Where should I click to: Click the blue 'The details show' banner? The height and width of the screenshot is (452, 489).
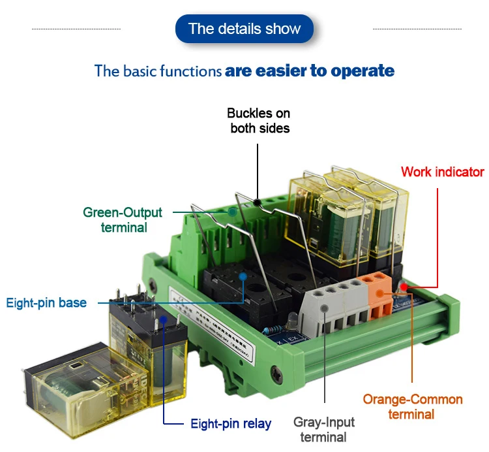click(244, 29)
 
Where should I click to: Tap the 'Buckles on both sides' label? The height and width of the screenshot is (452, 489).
click(259, 121)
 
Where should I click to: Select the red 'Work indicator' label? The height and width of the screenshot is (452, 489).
click(442, 172)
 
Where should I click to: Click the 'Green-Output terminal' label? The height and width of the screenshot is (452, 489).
click(123, 219)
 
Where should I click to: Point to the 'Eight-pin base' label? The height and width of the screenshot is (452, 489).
click(46, 303)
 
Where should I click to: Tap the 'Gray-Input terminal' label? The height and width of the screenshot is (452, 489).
click(323, 430)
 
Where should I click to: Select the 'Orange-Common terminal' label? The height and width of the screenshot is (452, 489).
click(412, 406)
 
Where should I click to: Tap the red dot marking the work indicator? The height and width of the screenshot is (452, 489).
click(404, 286)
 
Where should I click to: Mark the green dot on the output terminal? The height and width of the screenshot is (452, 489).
click(231, 212)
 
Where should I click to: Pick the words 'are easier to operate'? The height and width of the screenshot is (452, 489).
click(310, 71)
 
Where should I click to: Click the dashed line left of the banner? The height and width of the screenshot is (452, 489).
click(76, 29)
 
